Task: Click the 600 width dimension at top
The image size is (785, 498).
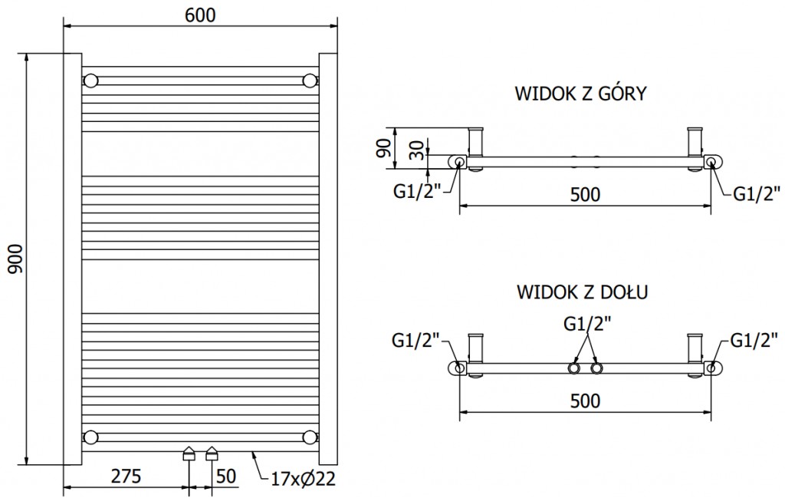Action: pos(200,15)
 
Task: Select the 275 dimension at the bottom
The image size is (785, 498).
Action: pos(126,476)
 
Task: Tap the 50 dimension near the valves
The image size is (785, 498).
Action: pos(225,476)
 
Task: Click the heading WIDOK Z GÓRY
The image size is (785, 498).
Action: pos(581,94)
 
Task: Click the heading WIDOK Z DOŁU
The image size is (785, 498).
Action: pos(582,292)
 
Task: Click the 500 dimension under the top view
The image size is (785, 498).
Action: pos(584,195)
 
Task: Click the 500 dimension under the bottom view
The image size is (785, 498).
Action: pos(584,401)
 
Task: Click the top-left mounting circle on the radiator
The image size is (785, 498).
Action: pos(91,81)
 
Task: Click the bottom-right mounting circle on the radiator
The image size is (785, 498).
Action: pos(310,437)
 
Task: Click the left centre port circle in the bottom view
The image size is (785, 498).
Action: pos(573,369)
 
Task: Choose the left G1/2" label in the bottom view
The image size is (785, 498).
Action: pos(415,340)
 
